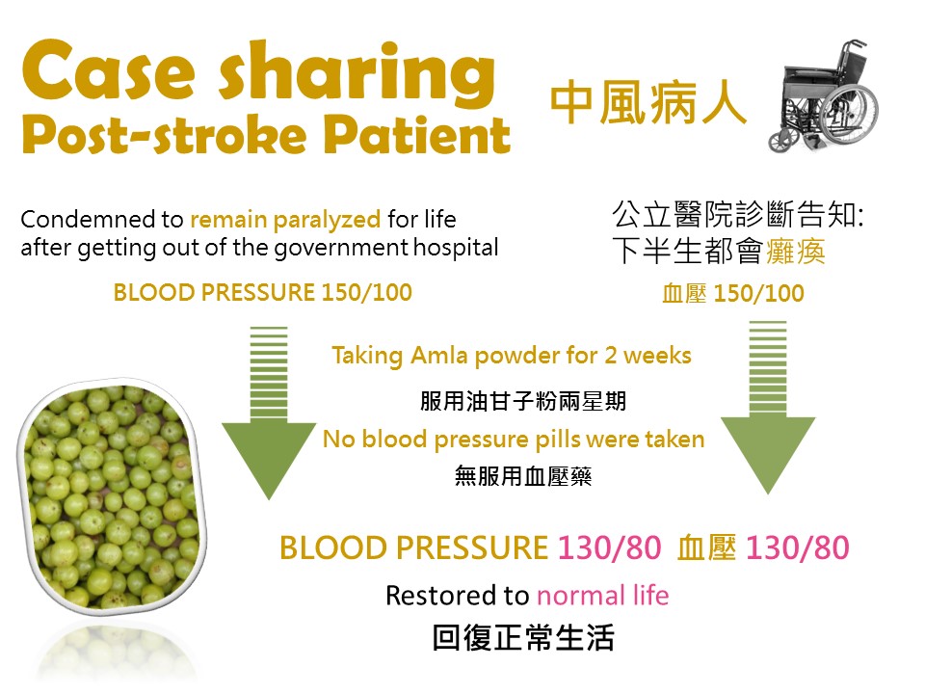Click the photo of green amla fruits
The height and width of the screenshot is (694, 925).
pos(112,495)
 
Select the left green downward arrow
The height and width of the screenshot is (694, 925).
pos(269,413)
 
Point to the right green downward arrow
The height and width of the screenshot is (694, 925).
pos(768,407)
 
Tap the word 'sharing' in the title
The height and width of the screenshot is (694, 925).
pos(357,74)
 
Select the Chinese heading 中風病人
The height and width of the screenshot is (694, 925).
pos(648,104)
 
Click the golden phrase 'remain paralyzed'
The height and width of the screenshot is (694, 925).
pos(285,220)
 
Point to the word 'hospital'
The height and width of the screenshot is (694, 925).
pos(456,248)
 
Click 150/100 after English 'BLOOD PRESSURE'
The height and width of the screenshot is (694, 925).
pos(366,293)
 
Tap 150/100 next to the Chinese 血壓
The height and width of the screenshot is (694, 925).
pos(758,293)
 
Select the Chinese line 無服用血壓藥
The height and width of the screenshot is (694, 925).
pos(522,476)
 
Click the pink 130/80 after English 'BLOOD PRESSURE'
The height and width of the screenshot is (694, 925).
pos(609,547)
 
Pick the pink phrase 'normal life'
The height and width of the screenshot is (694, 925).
pos(603,596)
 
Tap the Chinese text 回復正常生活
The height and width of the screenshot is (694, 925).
pos(523,638)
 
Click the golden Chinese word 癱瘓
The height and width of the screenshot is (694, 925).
pos(795,252)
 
